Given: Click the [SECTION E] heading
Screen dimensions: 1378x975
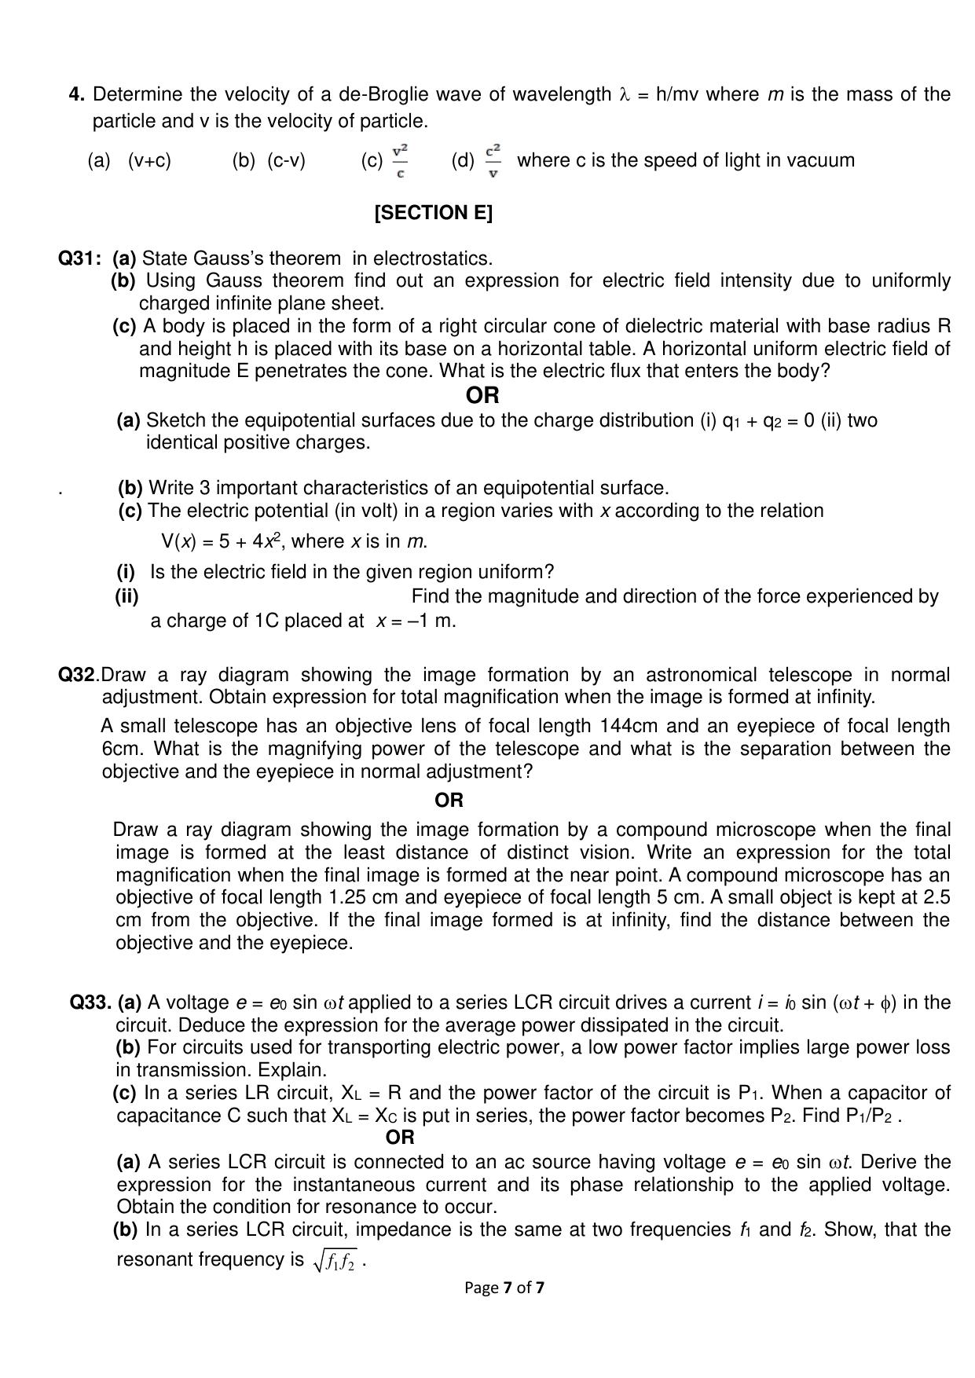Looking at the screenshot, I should [434, 213].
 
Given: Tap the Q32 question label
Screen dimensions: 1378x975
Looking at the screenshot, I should [78, 675].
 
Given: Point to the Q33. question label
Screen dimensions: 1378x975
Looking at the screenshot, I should [90, 1002].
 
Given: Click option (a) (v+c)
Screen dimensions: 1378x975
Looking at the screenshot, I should [130, 160].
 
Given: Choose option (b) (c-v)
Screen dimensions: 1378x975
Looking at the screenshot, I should [269, 160].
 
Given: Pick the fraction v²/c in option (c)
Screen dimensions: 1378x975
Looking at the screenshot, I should [400, 160].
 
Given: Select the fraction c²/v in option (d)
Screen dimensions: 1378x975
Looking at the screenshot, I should [493, 160].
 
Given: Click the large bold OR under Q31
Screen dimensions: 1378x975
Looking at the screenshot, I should [482, 395].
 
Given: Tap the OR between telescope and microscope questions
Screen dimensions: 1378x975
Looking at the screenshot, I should [449, 801].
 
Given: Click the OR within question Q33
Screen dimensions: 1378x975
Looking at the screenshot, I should [400, 1137].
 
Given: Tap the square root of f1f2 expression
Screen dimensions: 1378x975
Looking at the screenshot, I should [335, 1261].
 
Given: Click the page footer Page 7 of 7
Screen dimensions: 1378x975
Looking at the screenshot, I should [504, 1288].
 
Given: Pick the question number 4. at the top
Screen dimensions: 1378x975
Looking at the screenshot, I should [77, 94].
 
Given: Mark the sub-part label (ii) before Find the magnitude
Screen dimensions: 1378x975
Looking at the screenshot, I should [126, 596].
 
